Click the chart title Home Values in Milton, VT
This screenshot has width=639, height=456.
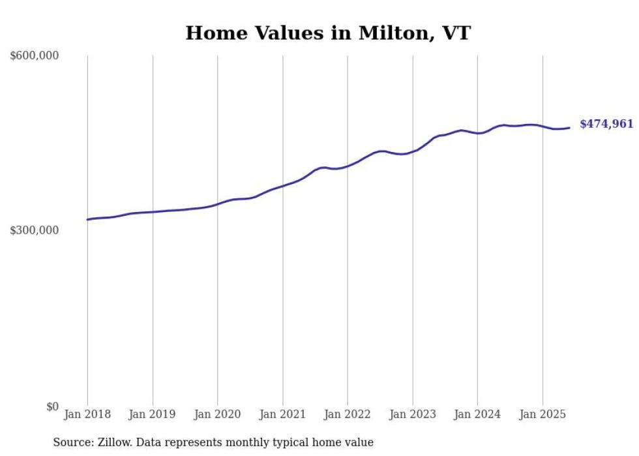coord(327,33)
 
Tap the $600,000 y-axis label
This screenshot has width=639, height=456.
coord(35,56)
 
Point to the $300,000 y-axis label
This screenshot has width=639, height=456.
coord(35,231)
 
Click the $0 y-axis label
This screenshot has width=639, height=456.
coord(52,407)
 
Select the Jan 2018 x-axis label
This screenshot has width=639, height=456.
coord(87,414)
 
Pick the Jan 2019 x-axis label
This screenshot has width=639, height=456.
coord(153,414)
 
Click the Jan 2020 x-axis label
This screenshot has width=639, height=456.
coord(218,414)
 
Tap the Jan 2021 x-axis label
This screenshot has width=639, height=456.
coord(282,414)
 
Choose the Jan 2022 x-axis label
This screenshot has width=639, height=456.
coord(348,414)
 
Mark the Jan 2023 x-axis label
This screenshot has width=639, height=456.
coord(413,414)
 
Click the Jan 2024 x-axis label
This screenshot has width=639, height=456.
coord(477,414)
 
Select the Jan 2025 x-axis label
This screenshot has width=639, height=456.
coord(542,414)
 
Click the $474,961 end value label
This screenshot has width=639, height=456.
coord(606,124)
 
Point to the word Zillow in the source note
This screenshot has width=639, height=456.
coord(113,443)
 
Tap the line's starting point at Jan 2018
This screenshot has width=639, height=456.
coord(87,219)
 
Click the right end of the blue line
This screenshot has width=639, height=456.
coord(569,128)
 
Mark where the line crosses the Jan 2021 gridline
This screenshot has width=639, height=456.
coord(282,185)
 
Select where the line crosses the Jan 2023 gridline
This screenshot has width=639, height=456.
coord(413,151)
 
